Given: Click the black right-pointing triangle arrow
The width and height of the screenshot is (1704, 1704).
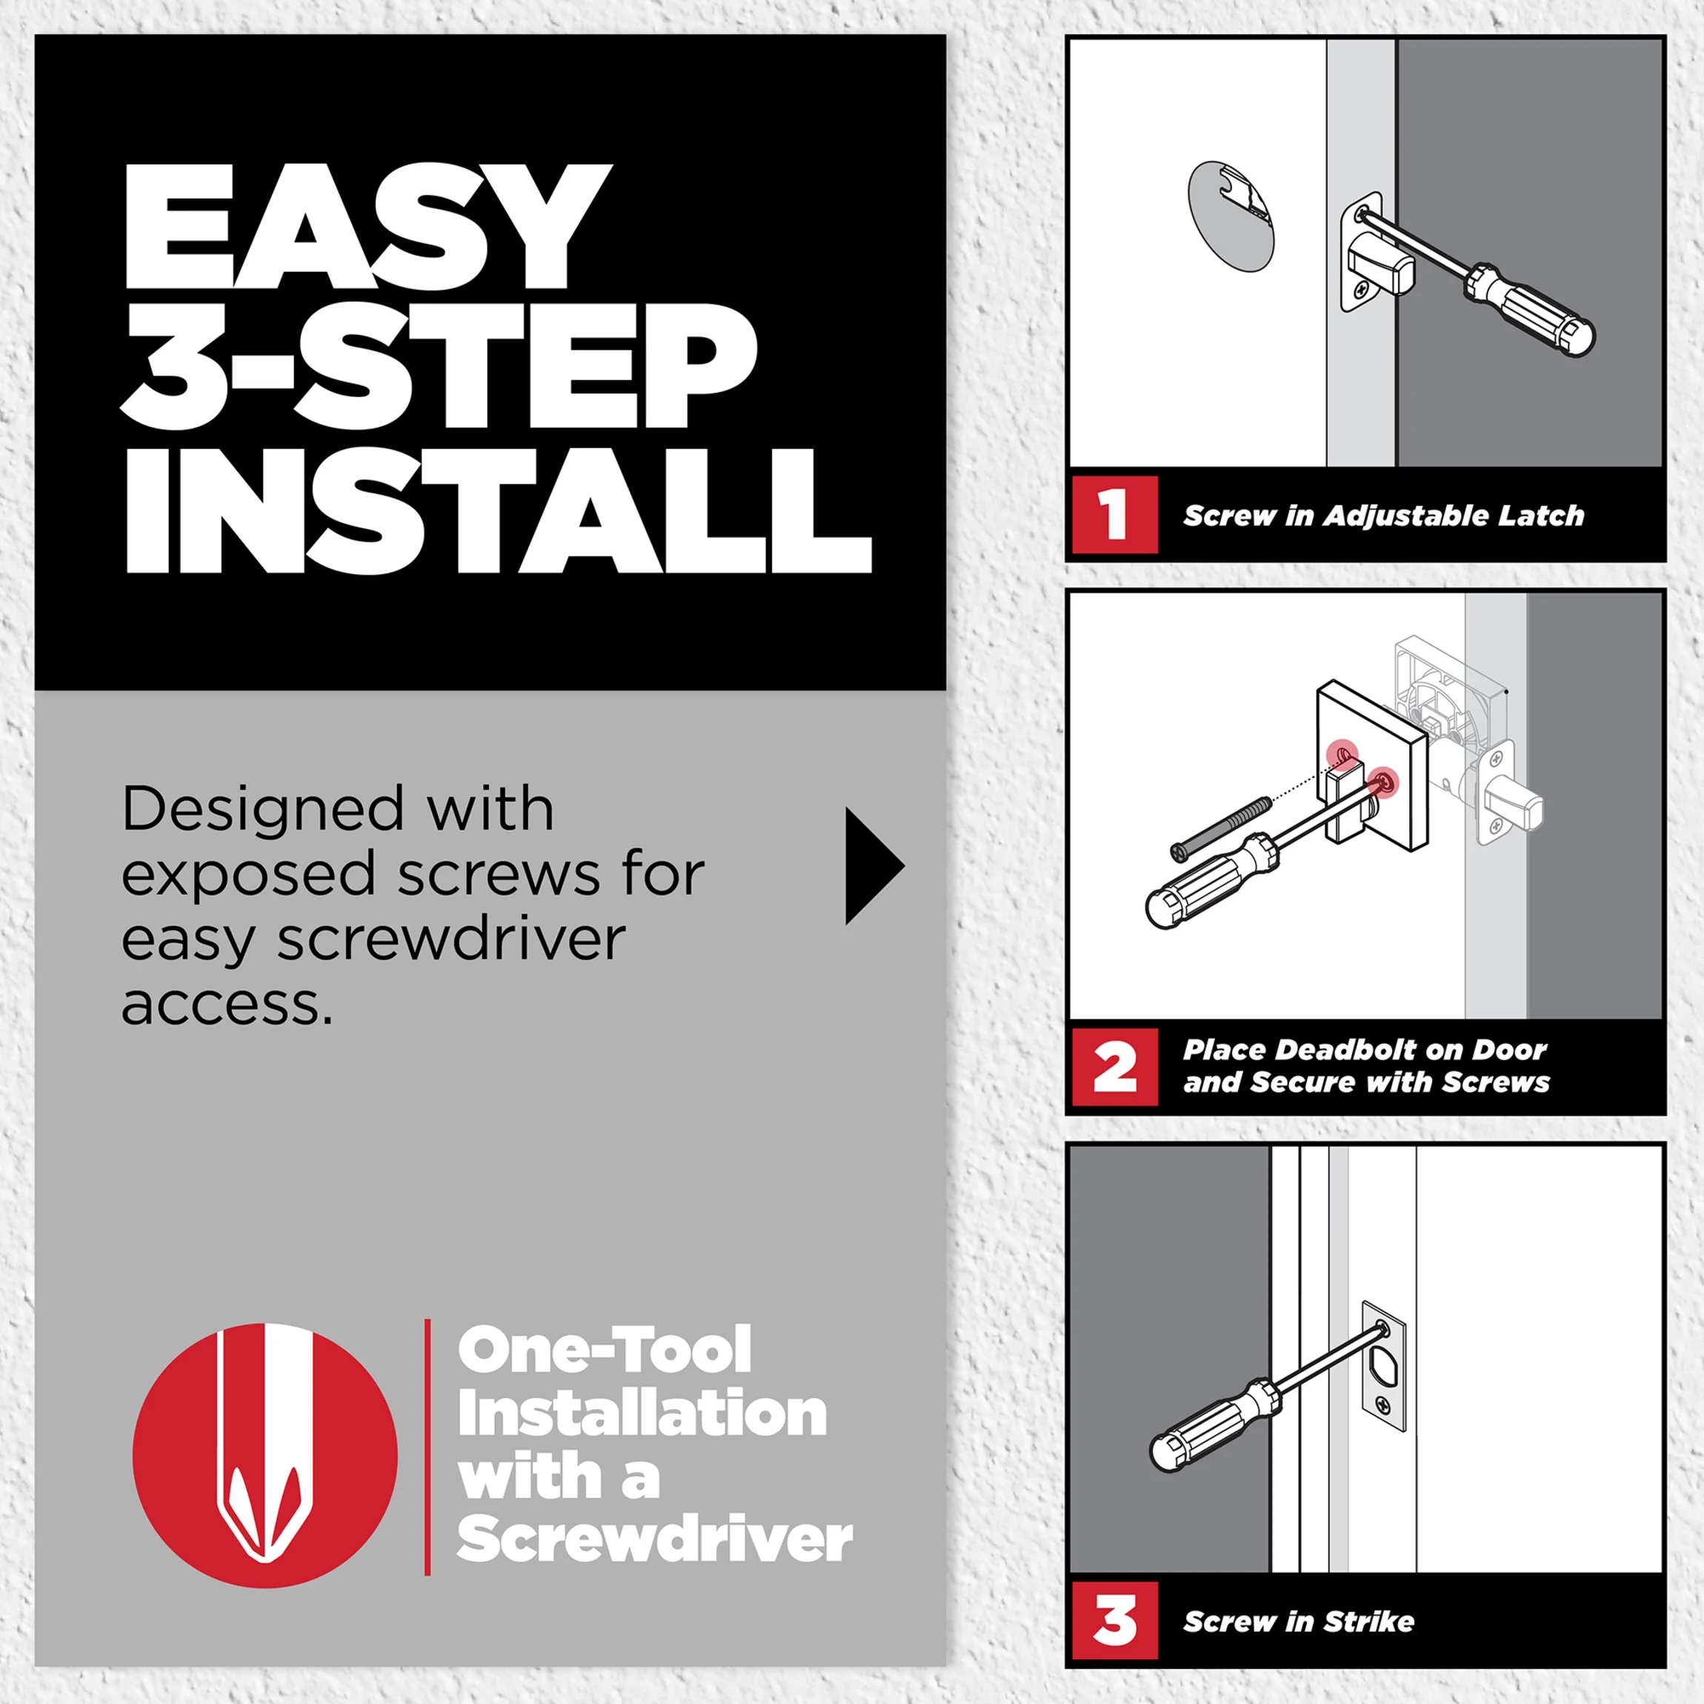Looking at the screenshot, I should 871,865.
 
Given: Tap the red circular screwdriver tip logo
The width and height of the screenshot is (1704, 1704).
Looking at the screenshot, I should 264,1455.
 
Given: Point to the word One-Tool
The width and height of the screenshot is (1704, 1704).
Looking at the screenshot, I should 604,1351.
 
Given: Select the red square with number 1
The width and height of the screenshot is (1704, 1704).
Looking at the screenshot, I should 1115,514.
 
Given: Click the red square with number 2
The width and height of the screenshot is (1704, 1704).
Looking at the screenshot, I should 1115,1066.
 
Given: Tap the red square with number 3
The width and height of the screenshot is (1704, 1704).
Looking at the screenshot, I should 1115,1620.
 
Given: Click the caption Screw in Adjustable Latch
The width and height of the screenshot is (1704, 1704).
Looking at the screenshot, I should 1383,516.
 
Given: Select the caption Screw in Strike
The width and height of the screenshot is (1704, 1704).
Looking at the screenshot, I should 1298,1621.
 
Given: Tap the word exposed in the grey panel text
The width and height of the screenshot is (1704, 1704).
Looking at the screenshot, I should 249,874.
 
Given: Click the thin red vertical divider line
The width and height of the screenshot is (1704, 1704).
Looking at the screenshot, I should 427,1446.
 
